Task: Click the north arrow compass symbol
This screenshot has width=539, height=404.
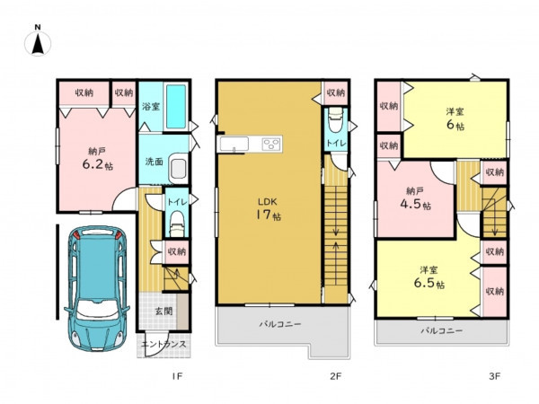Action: [38, 41]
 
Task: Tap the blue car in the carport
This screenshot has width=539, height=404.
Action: [97, 288]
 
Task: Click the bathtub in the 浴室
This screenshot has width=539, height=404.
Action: [176, 106]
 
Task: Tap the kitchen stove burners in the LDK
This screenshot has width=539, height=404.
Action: [271, 144]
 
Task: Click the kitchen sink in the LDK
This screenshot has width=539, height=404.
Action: [234, 144]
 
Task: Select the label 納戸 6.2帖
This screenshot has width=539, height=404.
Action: [97, 158]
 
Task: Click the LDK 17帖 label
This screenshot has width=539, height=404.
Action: [268, 209]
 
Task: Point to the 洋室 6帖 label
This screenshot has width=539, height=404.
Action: [455, 119]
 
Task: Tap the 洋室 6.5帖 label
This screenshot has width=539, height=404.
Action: [429, 277]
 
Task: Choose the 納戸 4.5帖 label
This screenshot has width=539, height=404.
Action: [415, 198]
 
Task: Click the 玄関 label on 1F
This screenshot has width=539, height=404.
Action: [163, 312]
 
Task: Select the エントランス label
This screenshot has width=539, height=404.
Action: [164, 344]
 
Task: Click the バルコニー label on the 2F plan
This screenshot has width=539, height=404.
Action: [280, 324]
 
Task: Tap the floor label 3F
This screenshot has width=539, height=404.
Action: [494, 376]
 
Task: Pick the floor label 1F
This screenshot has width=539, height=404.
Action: [177, 376]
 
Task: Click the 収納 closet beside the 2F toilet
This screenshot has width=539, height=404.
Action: [335, 92]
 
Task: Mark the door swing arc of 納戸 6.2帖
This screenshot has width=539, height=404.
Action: [121, 195]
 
